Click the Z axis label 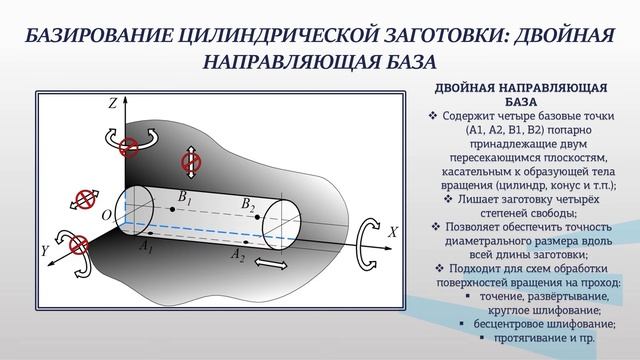113,103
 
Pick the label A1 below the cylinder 147,246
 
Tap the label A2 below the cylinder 237,256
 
